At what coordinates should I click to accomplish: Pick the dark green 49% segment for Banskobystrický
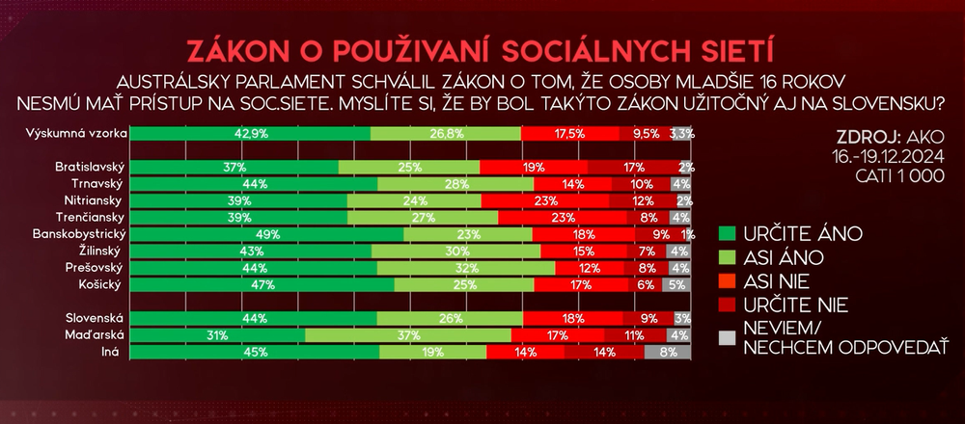[266, 234]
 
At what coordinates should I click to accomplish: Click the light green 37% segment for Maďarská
[408, 334]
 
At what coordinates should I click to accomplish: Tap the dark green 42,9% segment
[249, 133]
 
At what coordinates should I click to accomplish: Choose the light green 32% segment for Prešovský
[466, 268]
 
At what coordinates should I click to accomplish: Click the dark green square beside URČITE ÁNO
[729, 233]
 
